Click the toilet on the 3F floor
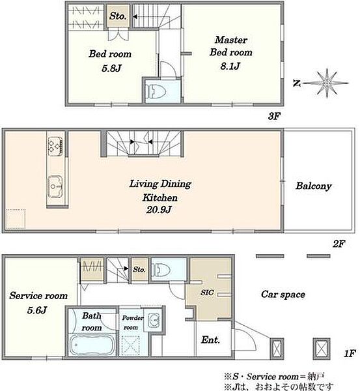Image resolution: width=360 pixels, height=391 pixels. [x=156, y=91]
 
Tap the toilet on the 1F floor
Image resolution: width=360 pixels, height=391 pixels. [x=161, y=269]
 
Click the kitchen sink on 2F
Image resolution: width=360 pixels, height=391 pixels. [x=55, y=186]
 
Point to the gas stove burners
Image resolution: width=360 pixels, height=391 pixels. [x=55, y=146]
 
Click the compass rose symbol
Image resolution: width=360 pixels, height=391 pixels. [x=327, y=83]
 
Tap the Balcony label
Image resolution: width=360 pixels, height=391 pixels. [x=314, y=186]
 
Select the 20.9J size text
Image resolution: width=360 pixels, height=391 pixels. [x=159, y=209]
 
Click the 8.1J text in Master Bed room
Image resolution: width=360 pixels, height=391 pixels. [x=230, y=66]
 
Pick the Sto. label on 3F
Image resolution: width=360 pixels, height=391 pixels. [x=118, y=16]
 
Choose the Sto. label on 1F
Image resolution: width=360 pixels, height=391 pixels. [x=139, y=269]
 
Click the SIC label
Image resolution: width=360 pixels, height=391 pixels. [x=207, y=292]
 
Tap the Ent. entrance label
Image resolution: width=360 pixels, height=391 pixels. [x=210, y=340]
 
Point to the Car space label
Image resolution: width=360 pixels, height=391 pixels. [x=283, y=295]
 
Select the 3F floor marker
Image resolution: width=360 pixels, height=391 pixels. [x=274, y=116]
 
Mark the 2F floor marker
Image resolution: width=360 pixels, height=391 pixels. [x=339, y=244]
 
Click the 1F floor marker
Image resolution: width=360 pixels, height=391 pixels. [x=350, y=353]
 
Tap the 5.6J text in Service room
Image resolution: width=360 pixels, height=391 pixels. [x=37, y=310]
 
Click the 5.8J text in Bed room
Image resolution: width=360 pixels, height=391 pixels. [x=111, y=68]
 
